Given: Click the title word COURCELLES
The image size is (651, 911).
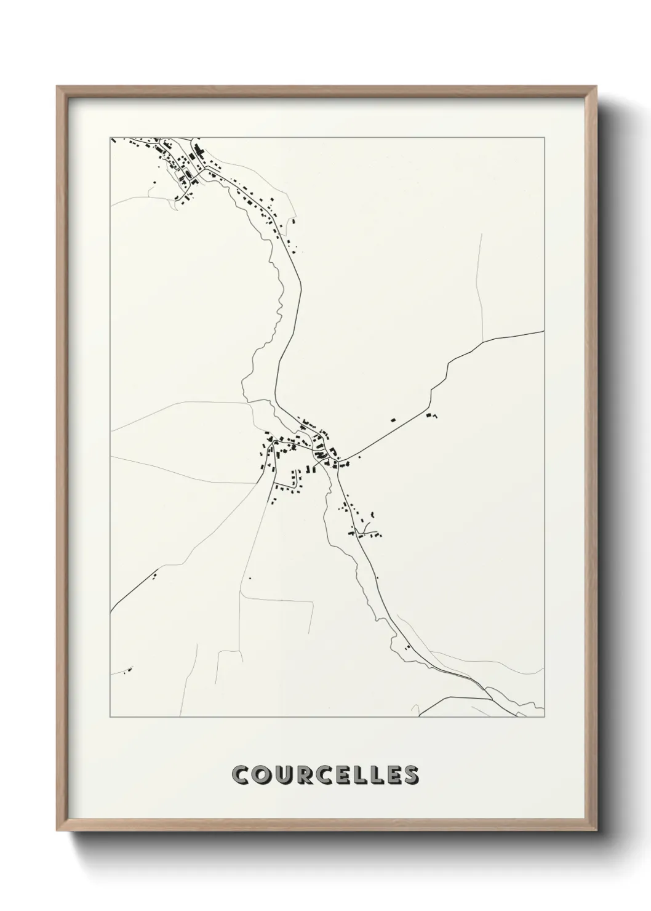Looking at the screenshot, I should [325, 775].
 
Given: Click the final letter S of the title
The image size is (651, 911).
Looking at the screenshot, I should [410, 775].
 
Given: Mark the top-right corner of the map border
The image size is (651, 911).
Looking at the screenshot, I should [545, 137].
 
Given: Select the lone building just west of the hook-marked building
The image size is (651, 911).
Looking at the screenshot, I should [393, 420].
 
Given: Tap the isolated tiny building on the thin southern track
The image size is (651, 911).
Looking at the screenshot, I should [250, 578].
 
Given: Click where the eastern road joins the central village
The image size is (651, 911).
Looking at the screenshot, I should [342, 461].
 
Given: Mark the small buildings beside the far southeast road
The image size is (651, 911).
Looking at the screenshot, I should [407, 646].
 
